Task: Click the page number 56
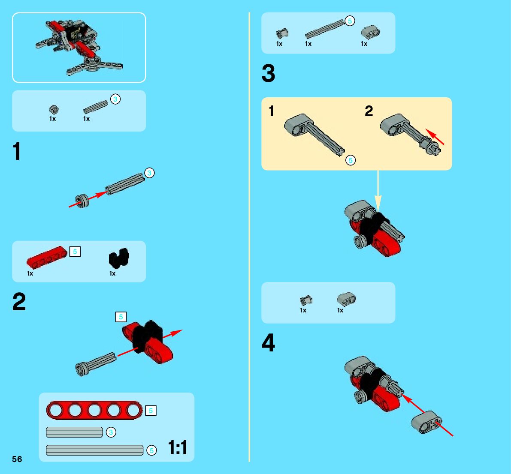[17, 459]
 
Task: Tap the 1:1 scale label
[178, 447]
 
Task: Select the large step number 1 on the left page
[17, 151]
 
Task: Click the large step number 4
[268, 342]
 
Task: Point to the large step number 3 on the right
[268, 73]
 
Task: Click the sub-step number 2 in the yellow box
[369, 111]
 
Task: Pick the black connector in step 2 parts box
[119, 258]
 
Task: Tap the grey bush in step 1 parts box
[54, 110]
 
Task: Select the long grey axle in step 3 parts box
[325, 29]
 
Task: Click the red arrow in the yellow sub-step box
[435, 137]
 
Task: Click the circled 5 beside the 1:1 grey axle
[151, 450]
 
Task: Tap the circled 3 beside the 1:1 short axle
[111, 432]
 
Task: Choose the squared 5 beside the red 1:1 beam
[151, 411]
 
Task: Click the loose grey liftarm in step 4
[426, 422]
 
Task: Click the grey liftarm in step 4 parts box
[346, 299]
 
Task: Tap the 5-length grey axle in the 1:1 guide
[94, 450]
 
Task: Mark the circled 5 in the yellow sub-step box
[351, 160]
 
